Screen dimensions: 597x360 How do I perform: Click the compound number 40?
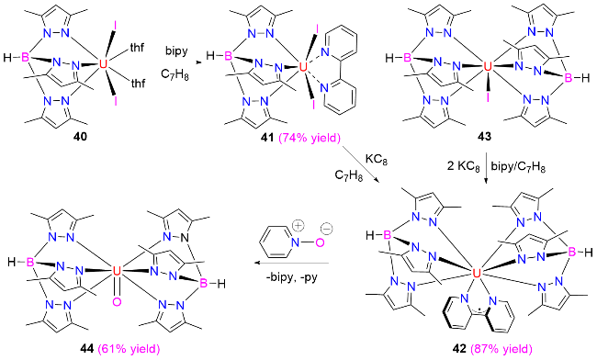(x=81, y=137)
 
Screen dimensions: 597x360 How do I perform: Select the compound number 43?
(x=485, y=137)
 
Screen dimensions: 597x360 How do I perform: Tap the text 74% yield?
(x=310, y=138)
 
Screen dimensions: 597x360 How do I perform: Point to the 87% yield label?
(x=501, y=349)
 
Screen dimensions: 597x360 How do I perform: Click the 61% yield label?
(x=130, y=349)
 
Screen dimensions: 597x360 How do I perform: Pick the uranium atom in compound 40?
(x=103, y=63)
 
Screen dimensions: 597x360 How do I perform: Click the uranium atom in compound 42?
(x=476, y=273)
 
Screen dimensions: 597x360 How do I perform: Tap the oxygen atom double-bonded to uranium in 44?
(x=117, y=302)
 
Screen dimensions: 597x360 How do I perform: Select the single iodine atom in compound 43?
(x=488, y=98)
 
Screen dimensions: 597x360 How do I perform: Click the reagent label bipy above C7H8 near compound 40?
(x=176, y=51)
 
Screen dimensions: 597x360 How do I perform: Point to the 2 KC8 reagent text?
(x=463, y=167)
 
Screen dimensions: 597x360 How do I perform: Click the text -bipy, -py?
(x=292, y=277)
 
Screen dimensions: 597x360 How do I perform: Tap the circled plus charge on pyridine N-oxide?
(x=298, y=226)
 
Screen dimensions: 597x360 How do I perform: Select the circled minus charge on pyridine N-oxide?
(x=327, y=230)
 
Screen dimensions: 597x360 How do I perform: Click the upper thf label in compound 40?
(x=137, y=48)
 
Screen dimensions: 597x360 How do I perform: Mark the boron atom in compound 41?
(x=229, y=57)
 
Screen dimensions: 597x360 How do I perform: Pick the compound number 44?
(x=87, y=348)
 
